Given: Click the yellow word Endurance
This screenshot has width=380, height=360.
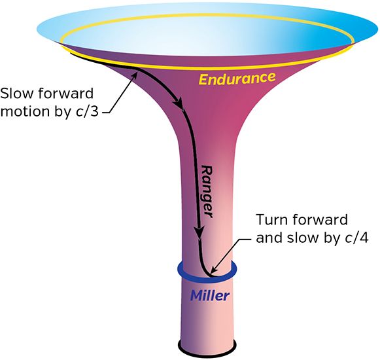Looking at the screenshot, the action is click(237, 79).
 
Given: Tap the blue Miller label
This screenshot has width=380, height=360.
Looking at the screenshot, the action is click(210, 295).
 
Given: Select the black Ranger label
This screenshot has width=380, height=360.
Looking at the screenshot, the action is click(207, 192).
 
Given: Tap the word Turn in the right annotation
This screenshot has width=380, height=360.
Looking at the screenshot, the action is click(272, 219).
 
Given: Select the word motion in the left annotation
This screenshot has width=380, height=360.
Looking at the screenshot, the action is click(26, 111).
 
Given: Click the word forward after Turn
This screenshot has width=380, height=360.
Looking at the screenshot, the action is click(320, 219).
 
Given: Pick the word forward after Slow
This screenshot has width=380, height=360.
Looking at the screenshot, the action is click(65, 94).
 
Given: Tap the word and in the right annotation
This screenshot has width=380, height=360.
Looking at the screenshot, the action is click(269, 238).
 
